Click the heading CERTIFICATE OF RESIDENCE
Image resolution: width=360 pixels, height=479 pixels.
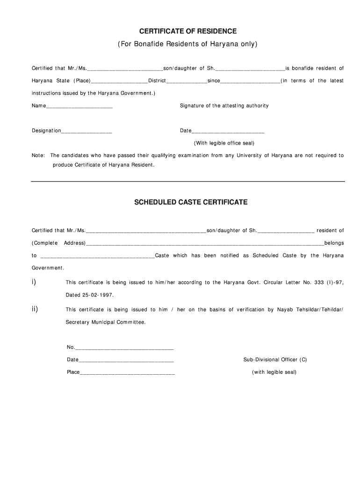coord(188,31)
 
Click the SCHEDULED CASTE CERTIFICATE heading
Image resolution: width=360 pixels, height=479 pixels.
coord(191,203)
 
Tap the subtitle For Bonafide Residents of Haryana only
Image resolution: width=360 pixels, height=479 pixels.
coord(187,44)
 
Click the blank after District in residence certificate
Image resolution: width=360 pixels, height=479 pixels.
coord(187,81)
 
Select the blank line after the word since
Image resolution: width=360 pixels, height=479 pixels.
coord(250,81)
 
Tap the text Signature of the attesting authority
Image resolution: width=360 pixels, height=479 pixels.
coord(224,106)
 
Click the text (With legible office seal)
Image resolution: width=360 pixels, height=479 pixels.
coord(224,143)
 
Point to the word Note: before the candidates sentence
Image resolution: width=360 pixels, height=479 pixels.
coord(38,155)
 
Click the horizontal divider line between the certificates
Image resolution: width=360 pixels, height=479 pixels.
coord(187,181)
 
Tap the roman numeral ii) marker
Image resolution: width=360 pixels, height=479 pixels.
coord(35,309)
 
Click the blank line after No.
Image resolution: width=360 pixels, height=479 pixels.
coord(124,348)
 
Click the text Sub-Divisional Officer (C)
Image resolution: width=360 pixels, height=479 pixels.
coord(275,360)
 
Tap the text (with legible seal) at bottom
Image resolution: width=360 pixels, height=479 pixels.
coord(274,372)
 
